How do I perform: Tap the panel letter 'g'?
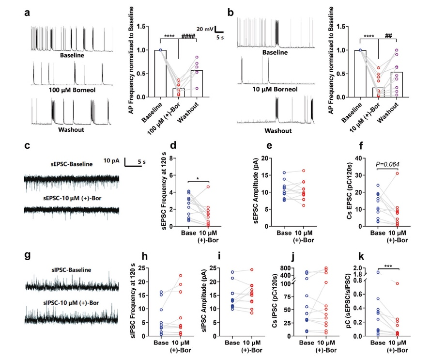click(x=29, y=254)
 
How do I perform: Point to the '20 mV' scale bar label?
click(x=205, y=29)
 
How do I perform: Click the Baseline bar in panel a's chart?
click(x=160, y=73)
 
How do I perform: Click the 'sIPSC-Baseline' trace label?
click(x=72, y=269)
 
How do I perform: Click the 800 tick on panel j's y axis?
click(x=298, y=268)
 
